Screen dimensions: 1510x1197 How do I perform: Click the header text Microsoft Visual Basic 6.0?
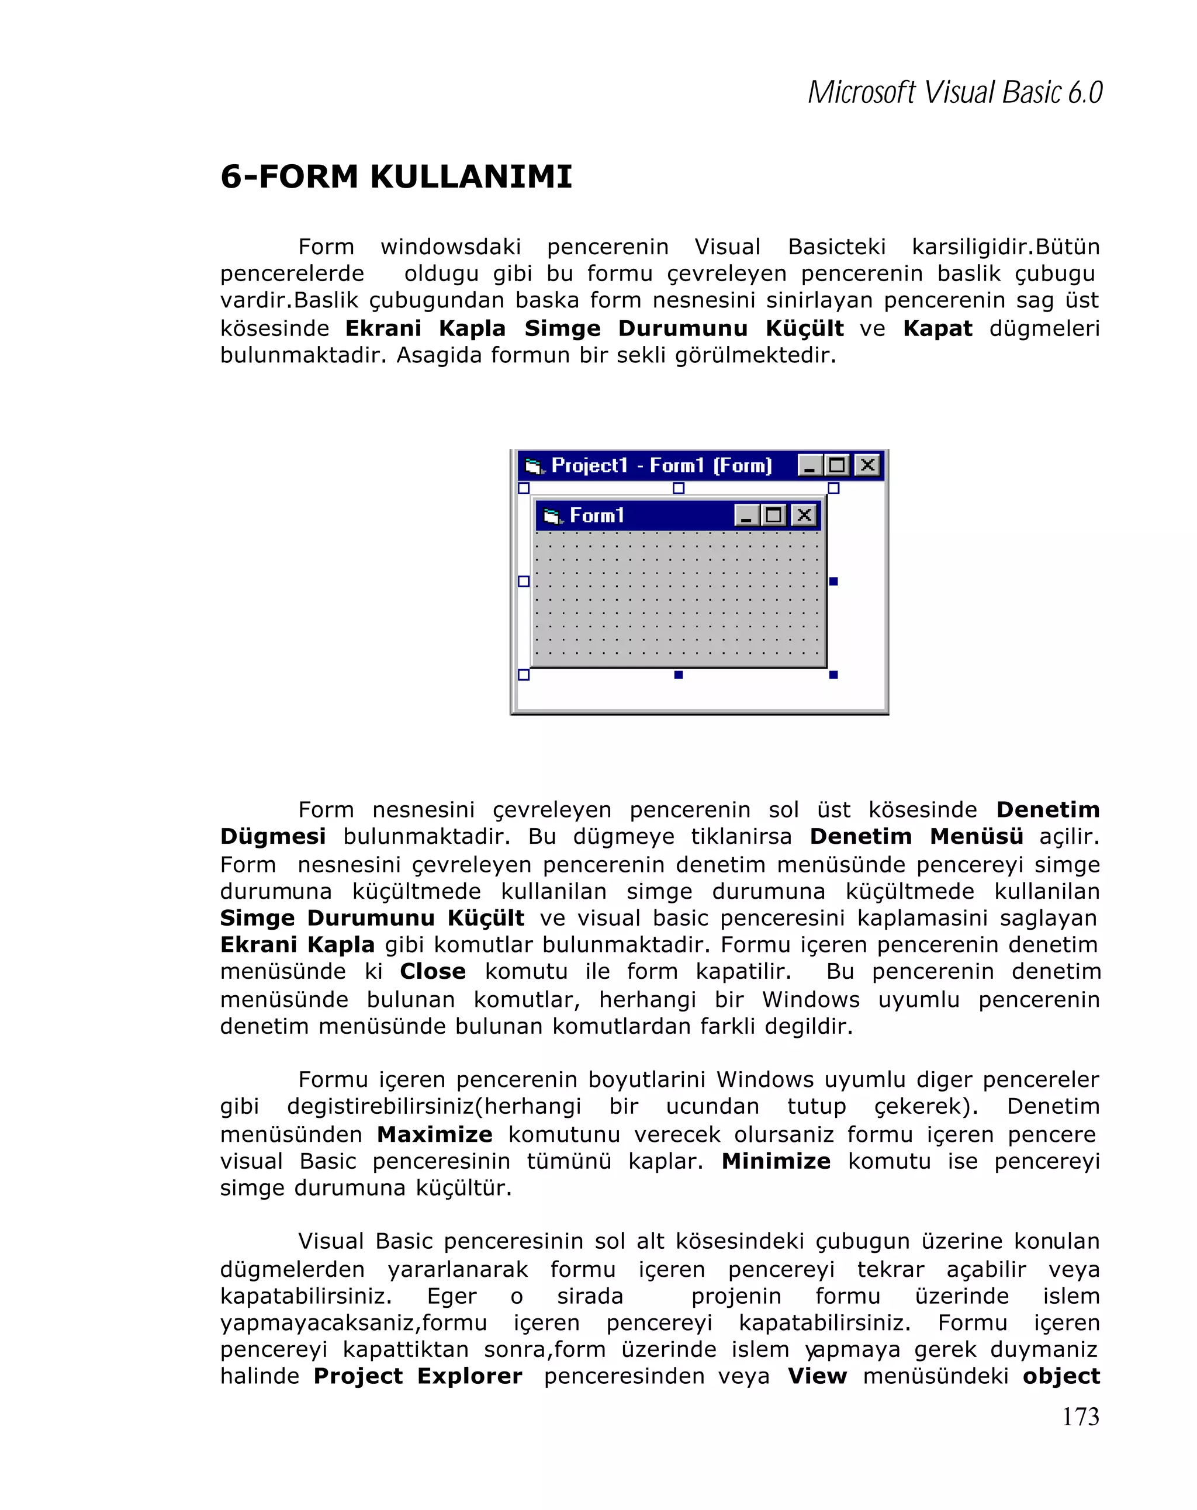[954, 92]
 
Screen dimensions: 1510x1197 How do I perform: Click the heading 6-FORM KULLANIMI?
[396, 176]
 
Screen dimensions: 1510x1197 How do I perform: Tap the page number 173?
[1080, 1416]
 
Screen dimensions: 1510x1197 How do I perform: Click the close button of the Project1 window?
[867, 465]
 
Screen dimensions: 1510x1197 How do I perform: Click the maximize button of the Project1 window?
[837, 465]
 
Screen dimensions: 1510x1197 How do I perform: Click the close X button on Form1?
[804, 515]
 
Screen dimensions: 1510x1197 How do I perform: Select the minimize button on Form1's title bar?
[746, 515]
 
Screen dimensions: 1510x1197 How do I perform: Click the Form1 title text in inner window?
[596, 515]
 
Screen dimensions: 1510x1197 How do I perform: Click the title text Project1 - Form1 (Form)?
[661, 465]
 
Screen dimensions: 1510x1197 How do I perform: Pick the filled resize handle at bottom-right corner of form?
[833, 674]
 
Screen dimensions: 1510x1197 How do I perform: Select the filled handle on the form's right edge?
[833, 581]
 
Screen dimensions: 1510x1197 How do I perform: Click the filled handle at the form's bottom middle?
[678, 674]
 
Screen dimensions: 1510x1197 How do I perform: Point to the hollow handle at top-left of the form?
[523, 488]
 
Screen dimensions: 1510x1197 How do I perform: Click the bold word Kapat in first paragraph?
[937, 328]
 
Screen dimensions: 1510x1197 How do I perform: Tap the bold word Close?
[432, 971]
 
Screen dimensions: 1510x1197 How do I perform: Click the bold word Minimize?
[776, 1161]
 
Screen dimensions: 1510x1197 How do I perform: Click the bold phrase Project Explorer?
[417, 1376]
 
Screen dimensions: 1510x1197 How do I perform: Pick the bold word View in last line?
[817, 1376]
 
